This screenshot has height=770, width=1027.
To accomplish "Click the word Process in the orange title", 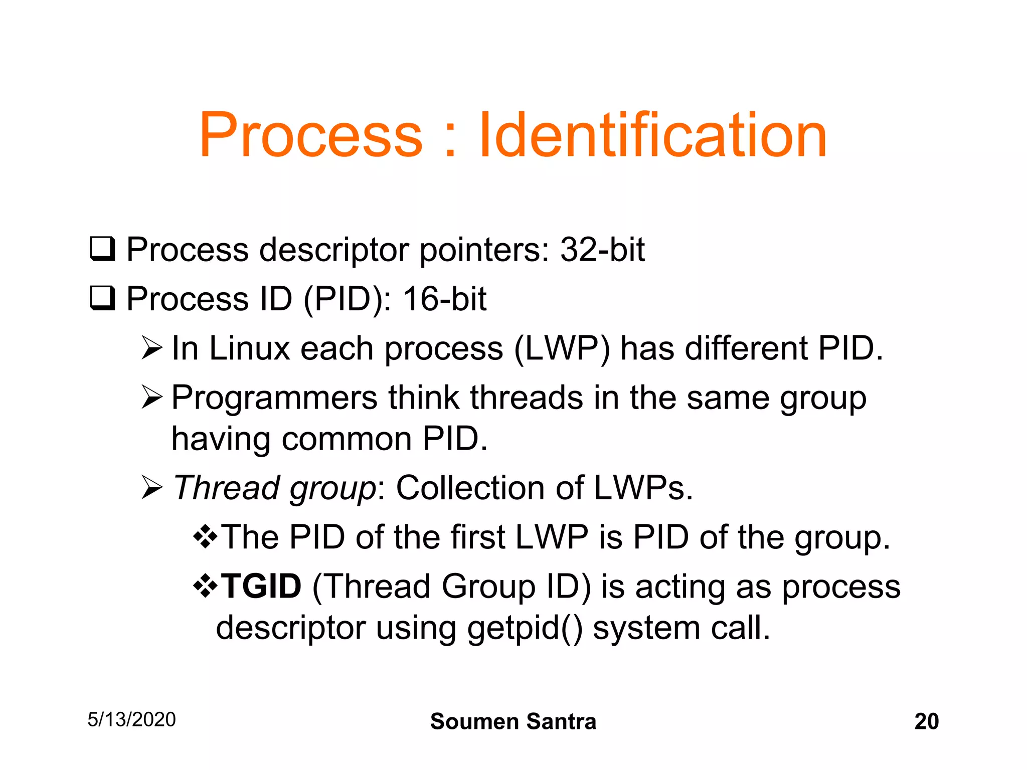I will click(x=311, y=135).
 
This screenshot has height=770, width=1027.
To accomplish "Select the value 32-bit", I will click(x=602, y=249).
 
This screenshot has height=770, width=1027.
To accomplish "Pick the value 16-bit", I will click(x=444, y=299).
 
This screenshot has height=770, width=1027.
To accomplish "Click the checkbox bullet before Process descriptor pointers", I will click(x=102, y=249).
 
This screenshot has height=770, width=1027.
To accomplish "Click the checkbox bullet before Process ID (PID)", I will click(x=102, y=298).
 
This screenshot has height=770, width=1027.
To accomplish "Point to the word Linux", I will click(x=249, y=348).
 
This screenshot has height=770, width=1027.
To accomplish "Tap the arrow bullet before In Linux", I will click(x=151, y=348).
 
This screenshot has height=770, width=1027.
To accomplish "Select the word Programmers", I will click(x=274, y=398).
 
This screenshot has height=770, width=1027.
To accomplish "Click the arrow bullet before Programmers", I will click(x=151, y=398).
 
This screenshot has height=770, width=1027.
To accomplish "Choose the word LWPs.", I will click(x=643, y=488).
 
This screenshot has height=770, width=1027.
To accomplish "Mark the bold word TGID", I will click(x=261, y=586).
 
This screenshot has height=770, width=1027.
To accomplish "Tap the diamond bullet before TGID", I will click(x=205, y=586).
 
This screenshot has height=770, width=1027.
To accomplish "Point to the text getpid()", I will click(x=525, y=628).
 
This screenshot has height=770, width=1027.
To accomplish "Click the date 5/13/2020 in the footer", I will click(x=131, y=719).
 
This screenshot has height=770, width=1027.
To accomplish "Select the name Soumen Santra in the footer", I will click(x=513, y=721).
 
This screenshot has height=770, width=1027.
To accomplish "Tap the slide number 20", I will click(x=926, y=721).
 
